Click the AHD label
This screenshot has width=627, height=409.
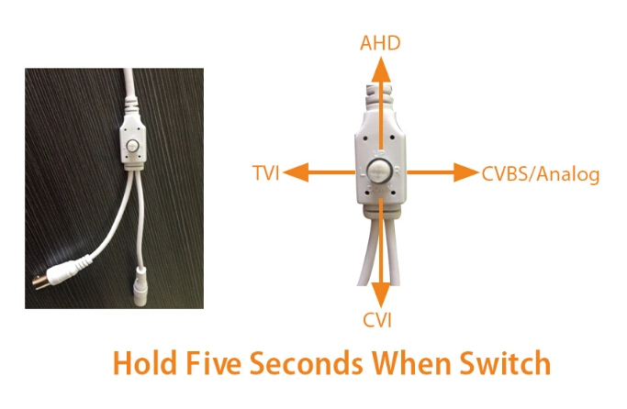[380, 43]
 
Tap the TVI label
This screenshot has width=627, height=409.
[266, 173]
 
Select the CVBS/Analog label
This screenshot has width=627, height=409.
[541, 174]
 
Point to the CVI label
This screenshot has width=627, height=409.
[377, 320]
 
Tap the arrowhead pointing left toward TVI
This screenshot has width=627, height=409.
[296, 172]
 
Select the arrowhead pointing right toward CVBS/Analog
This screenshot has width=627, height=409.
[465, 172]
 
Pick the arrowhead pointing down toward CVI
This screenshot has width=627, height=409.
[381, 294]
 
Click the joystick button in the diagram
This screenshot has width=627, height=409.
[380, 172]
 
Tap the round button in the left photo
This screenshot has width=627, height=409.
[131, 146]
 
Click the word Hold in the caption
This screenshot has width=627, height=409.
[144, 363]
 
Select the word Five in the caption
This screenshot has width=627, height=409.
[214, 363]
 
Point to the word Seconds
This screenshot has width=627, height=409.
[307, 363]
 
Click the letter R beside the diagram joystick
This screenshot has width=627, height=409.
[397, 171]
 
